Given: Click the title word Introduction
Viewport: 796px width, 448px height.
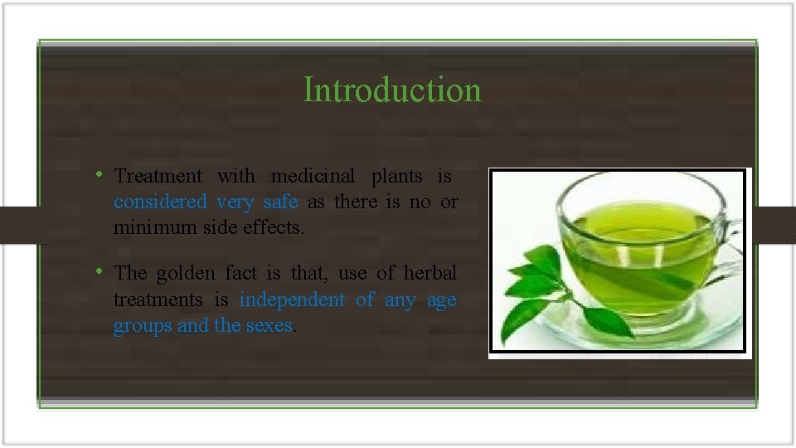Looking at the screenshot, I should coord(391,90).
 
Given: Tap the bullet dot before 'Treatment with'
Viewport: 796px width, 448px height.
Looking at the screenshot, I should coord(99,174).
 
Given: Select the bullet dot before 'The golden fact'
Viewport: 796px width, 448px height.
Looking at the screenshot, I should coord(99,271).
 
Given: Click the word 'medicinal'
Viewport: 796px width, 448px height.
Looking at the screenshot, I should coord(313,176).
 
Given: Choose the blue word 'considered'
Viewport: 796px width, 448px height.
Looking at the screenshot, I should coord(159,202).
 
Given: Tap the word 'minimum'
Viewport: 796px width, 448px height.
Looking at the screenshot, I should coord(155,226).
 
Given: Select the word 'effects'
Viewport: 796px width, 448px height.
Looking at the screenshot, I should coord(274,226).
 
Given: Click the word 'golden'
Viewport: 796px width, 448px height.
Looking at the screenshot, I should coord(183,273).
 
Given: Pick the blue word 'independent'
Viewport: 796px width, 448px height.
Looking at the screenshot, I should coord(292,299).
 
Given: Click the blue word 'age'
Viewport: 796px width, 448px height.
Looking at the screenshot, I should coord(441,299).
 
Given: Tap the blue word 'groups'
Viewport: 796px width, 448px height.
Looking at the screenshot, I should coord(143,325).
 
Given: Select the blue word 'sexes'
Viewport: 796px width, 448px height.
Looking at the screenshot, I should coord(269,325).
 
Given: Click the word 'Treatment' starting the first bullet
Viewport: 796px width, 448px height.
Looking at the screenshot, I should coord(158,176).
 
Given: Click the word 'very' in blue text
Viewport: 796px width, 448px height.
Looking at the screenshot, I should coord(235,202).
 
